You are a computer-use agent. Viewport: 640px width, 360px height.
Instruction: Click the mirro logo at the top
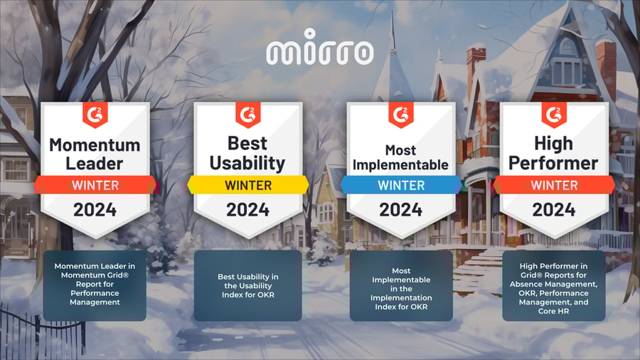(319, 47)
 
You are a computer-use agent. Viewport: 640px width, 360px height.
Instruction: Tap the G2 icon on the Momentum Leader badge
(95, 115)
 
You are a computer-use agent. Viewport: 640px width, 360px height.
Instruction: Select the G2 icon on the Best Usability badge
(248, 115)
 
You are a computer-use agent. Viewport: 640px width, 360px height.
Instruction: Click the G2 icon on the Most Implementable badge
(401, 115)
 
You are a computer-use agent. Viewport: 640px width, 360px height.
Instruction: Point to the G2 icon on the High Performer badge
(554, 115)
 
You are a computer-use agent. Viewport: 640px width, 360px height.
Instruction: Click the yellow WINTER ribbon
(248, 185)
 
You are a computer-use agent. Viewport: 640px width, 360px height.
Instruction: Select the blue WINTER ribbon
(401, 185)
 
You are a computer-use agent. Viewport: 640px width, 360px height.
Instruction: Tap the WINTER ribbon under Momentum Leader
(95, 185)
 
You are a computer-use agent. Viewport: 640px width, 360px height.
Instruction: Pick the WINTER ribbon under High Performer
(554, 185)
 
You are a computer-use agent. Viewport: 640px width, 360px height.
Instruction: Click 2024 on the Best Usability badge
(247, 210)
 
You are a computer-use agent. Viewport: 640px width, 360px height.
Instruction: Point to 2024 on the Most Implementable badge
(401, 210)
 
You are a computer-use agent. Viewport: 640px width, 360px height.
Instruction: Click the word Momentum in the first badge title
(95, 145)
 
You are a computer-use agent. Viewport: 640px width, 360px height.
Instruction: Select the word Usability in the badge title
(247, 163)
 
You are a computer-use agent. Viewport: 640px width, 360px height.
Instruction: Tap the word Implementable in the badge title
(400, 165)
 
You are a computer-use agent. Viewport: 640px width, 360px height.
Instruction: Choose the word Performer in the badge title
(553, 163)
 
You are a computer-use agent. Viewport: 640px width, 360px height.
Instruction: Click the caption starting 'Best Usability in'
(247, 286)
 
